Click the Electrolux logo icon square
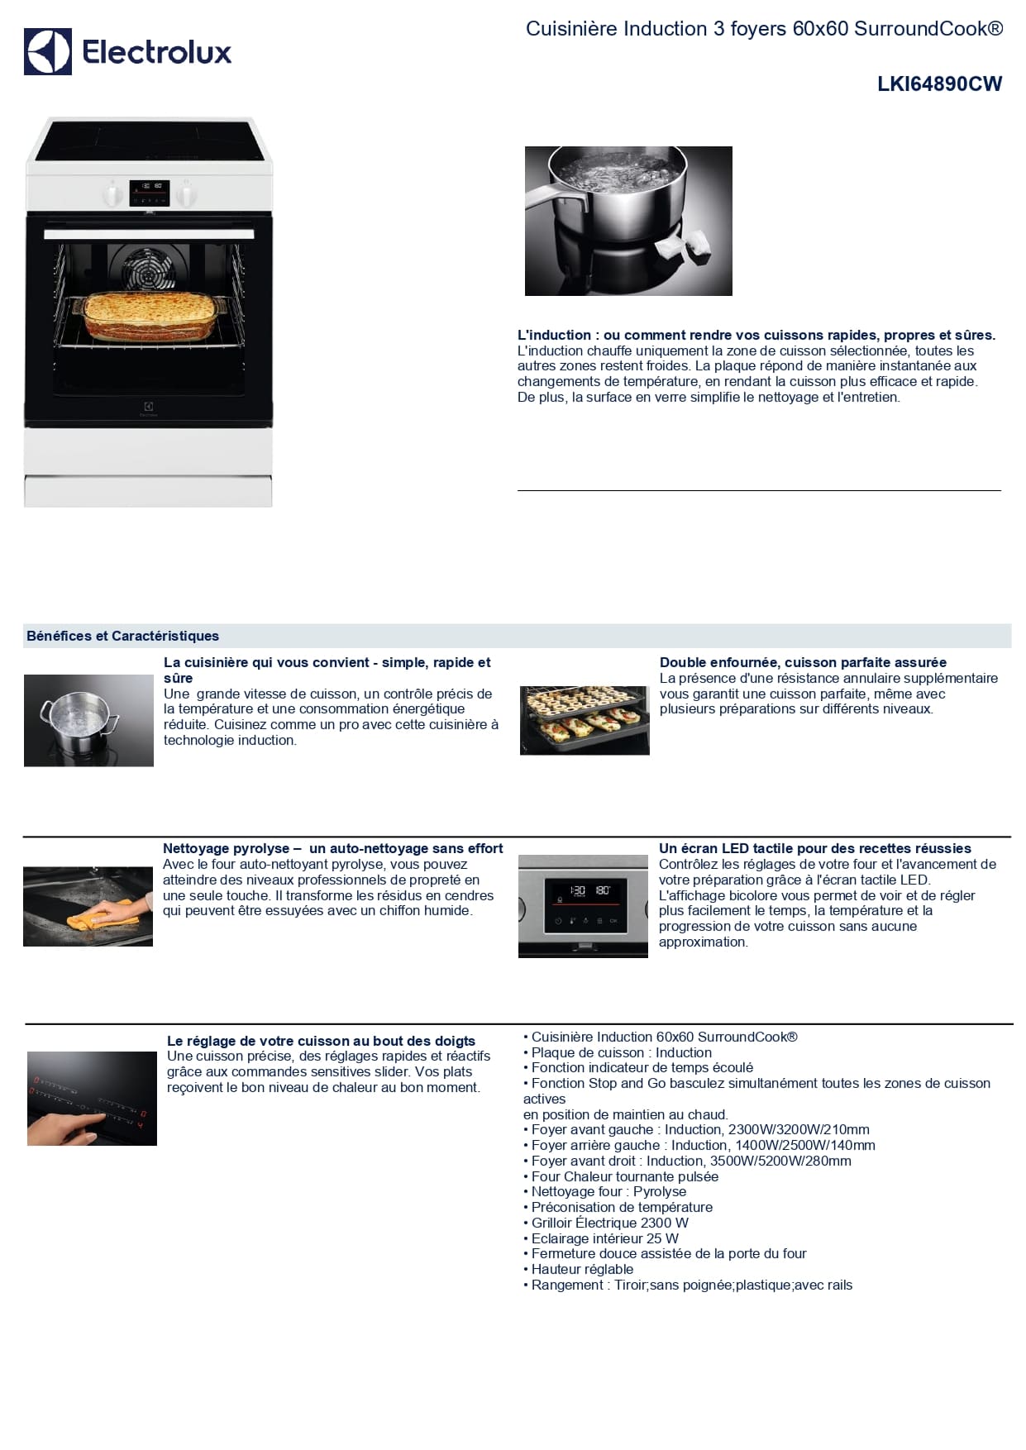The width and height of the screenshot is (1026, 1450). pos(47,51)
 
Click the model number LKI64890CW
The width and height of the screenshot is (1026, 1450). pos(939,83)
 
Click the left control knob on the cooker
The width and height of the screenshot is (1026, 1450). pos(113,194)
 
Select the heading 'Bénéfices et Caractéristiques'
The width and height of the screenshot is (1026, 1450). pos(122,636)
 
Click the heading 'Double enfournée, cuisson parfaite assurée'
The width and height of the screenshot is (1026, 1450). pos(803,662)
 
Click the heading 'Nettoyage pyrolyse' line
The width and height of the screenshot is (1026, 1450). pos(332,848)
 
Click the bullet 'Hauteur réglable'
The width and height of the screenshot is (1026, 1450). pos(579,1269)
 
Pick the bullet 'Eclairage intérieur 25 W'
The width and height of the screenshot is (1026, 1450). pos(601,1238)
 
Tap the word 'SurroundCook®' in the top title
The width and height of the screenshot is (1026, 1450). pos(928,29)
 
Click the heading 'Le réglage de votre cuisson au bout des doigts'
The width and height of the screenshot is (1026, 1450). pos(321,1041)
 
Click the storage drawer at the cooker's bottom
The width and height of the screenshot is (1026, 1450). pos(148,491)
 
